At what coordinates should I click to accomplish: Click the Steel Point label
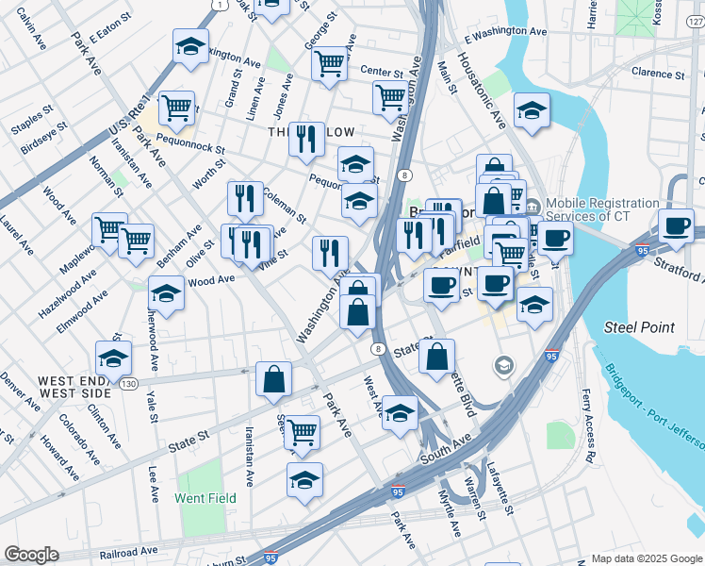(x=639, y=327)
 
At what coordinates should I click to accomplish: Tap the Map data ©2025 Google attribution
(x=647, y=558)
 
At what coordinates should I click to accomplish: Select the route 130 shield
(x=129, y=384)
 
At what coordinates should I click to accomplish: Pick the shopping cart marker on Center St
(x=329, y=64)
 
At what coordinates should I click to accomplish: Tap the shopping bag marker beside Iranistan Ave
(x=272, y=378)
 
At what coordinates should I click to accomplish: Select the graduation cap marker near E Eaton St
(x=190, y=46)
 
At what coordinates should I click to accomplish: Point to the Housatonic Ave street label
(x=482, y=90)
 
